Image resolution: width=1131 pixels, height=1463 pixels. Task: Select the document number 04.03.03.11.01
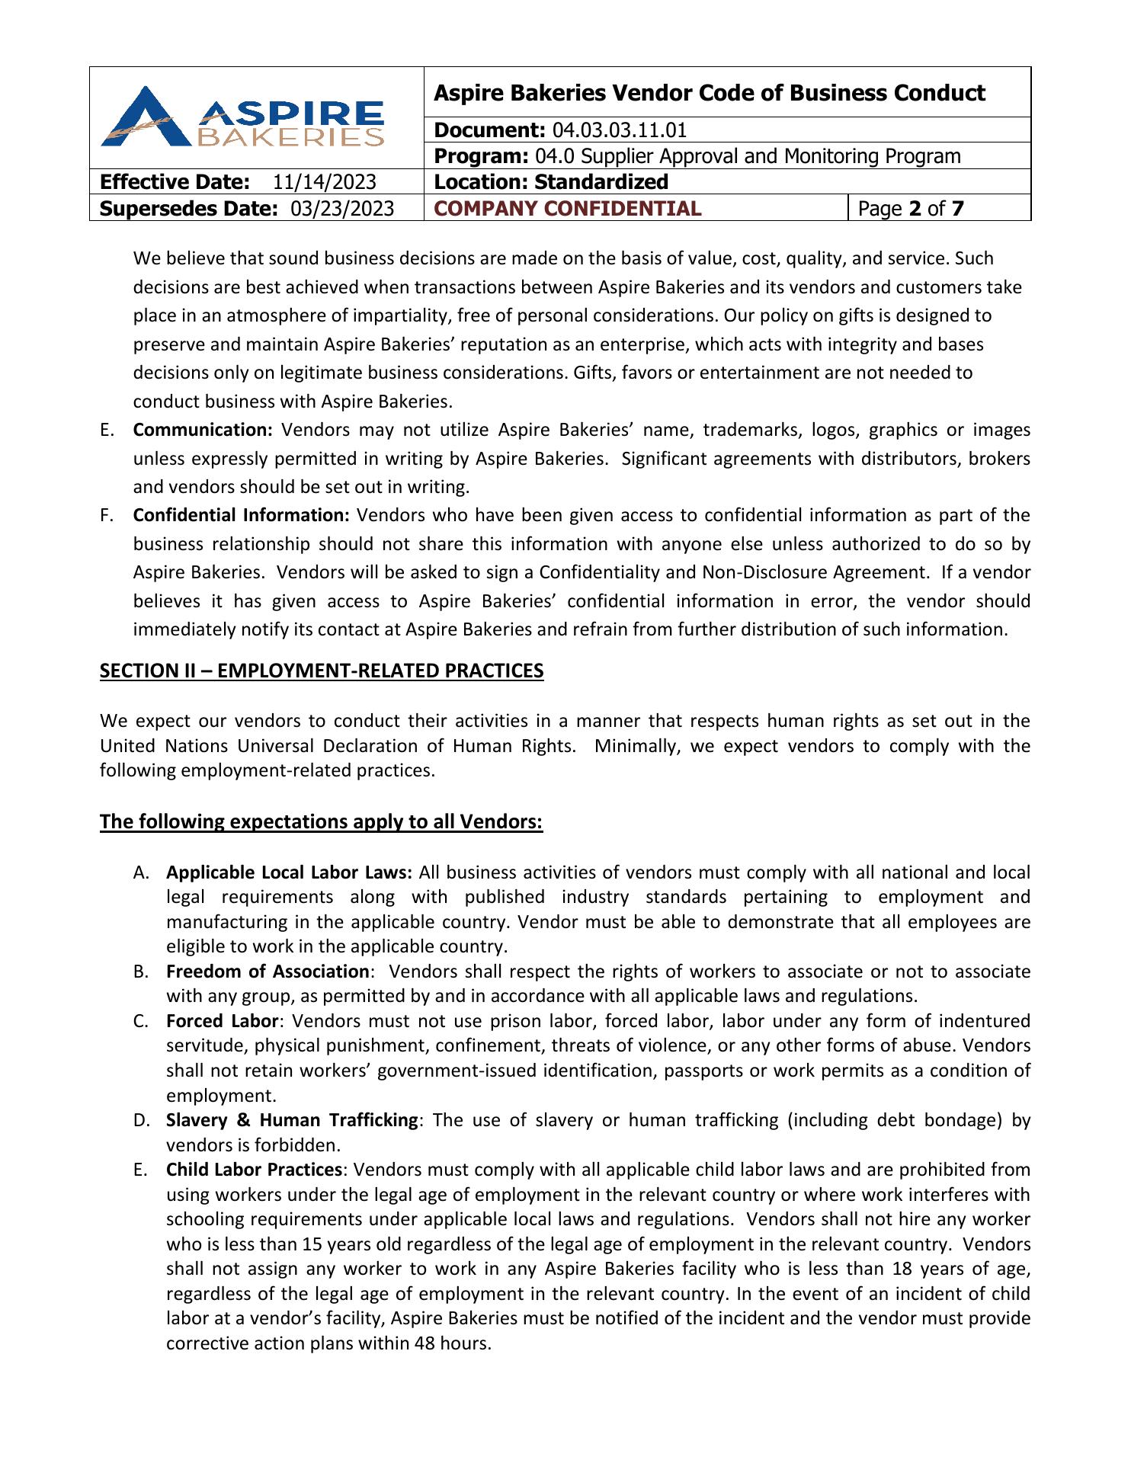click(x=619, y=130)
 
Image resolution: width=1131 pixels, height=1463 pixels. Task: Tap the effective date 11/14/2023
click(x=325, y=182)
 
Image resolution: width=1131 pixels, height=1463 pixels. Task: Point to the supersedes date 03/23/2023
click(x=343, y=209)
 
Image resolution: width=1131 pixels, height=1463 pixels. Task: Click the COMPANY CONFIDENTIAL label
click(x=567, y=209)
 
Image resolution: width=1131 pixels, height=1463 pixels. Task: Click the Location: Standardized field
click(x=551, y=182)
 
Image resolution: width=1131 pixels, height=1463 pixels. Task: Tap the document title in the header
click(x=709, y=93)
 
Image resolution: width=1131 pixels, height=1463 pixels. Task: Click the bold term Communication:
click(x=203, y=430)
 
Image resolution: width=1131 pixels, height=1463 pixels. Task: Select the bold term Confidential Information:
click(x=241, y=515)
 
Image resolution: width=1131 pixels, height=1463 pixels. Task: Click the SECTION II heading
click(x=322, y=671)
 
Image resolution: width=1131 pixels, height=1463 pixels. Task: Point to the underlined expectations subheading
click(x=321, y=822)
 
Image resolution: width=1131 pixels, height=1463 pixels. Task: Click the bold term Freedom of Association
click(x=268, y=972)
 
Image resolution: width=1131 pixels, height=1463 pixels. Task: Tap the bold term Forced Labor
click(x=223, y=1021)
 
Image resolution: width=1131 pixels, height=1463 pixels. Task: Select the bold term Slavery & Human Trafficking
click(x=292, y=1120)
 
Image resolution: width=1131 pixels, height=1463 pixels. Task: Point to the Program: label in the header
click(x=481, y=156)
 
